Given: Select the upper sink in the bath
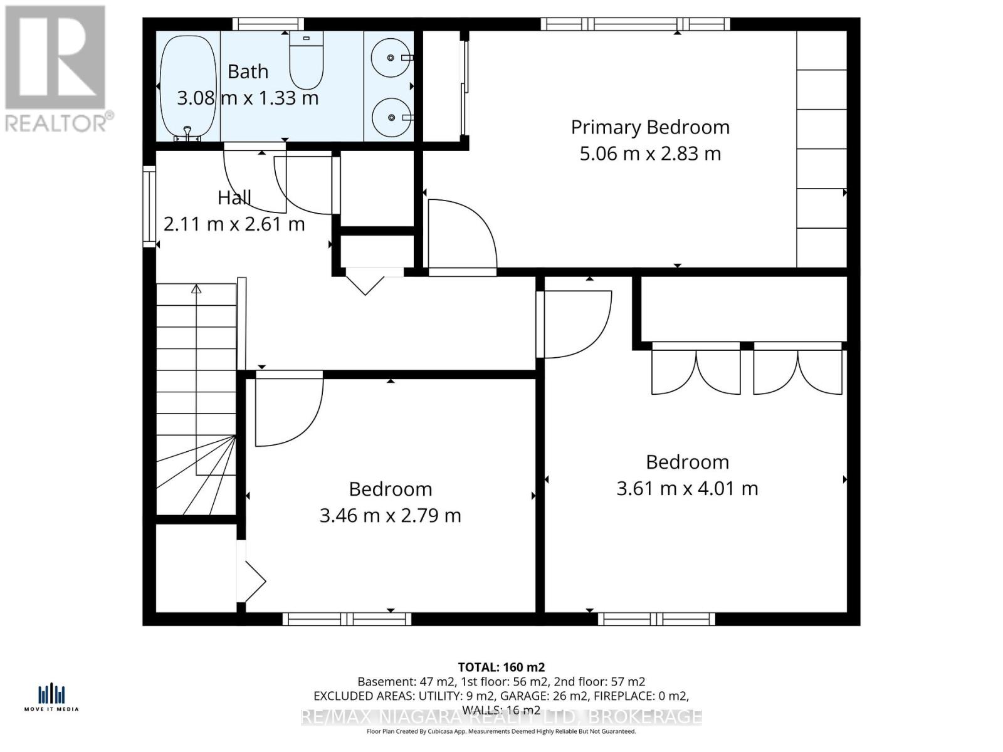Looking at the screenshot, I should click(x=391, y=58).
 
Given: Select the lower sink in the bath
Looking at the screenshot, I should click(x=391, y=117).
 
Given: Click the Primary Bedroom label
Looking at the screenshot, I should click(x=650, y=127).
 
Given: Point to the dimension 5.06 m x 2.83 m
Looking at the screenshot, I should click(x=650, y=154).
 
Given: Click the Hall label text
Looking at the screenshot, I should click(x=234, y=198).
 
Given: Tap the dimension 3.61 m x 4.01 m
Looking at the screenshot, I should click(x=687, y=488).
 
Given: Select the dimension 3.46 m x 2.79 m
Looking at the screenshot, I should click(x=390, y=515).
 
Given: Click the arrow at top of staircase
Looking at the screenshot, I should click(x=196, y=289).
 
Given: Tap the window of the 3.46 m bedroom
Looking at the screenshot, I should click(x=347, y=619).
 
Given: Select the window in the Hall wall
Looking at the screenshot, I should click(x=149, y=206).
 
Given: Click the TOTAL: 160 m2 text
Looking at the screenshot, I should click(x=501, y=667).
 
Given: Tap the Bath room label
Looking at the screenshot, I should click(x=248, y=72).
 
